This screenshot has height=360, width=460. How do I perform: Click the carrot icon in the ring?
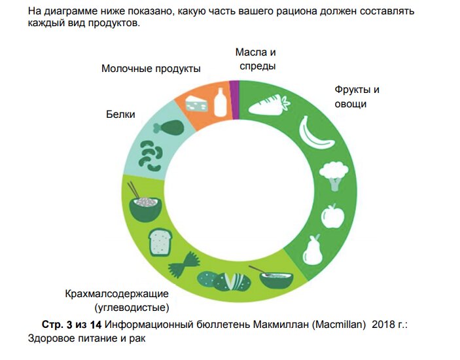pos(267,105)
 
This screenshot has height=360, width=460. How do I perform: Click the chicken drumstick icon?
pos(169,127)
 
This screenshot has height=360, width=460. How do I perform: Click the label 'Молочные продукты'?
pos(150,69)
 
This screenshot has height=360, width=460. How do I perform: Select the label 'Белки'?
pos(120,115)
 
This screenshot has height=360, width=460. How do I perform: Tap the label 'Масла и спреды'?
pos(257,59)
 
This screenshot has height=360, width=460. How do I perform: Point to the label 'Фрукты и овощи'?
pos(357,97)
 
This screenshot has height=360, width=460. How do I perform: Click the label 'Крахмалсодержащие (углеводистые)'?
pos(116,300)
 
